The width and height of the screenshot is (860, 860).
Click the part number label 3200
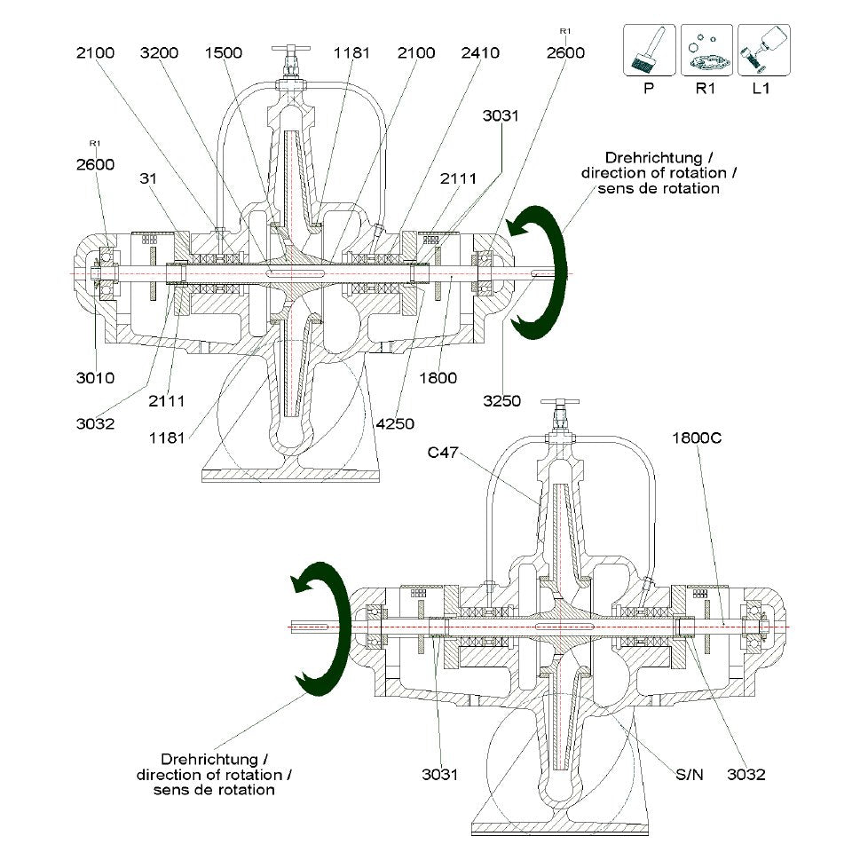[159, 52]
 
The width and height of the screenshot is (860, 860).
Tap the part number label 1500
[224, 52]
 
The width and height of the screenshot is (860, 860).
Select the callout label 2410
[480, 52]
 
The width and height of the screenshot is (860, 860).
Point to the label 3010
[96, 377]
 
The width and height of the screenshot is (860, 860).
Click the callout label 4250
[395, 423]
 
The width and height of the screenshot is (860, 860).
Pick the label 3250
[501, 400]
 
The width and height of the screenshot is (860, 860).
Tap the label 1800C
[697, 438]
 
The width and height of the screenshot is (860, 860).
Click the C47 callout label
[443, 453]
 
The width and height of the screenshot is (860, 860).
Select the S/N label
[690, 774]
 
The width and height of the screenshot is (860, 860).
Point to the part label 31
[148, 178]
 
